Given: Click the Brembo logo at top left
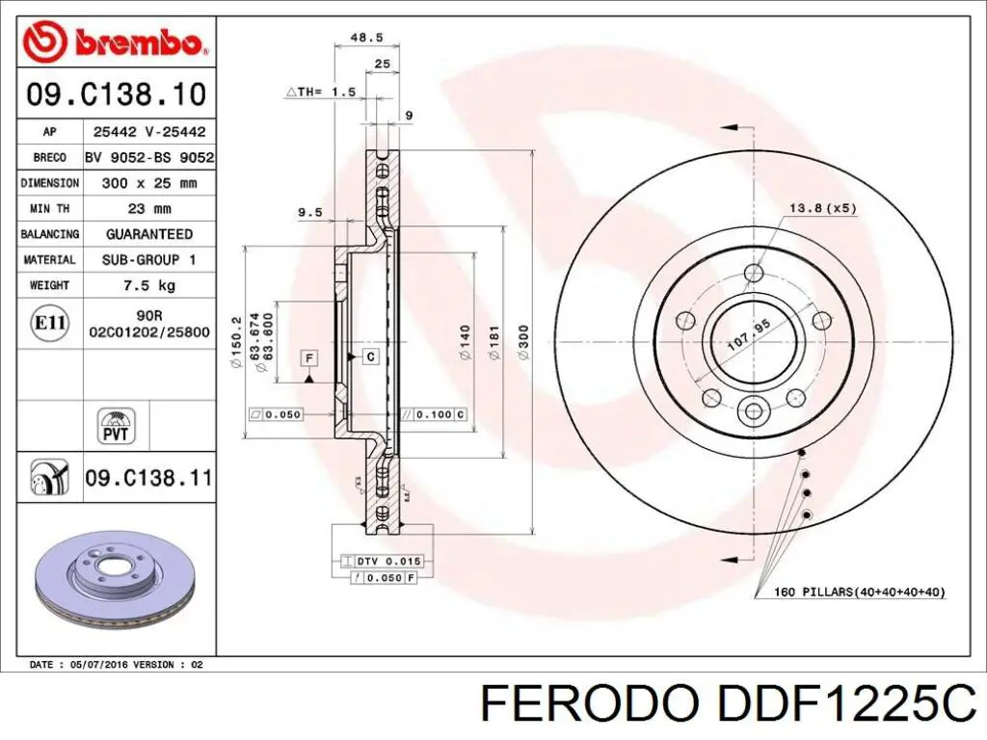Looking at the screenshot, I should pos(115,42).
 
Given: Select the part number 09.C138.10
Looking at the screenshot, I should pos(116,94).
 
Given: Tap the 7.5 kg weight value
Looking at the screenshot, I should pos(148,285).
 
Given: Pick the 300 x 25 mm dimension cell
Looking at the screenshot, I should pos(148,182).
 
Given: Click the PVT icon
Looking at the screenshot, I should pos(117,425).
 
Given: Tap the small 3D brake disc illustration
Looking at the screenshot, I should pos(115,580).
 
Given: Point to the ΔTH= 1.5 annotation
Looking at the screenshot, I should pos(321,92).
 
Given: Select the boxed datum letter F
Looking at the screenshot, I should pos(309,358).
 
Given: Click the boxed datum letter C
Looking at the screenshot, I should pos(371,357).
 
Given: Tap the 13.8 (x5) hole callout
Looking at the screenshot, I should pos(822,208).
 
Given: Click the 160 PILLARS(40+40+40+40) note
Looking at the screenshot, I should pos(860,592).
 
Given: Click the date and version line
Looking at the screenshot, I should pos(116,665).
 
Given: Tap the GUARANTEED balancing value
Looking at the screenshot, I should pos(148,234).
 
